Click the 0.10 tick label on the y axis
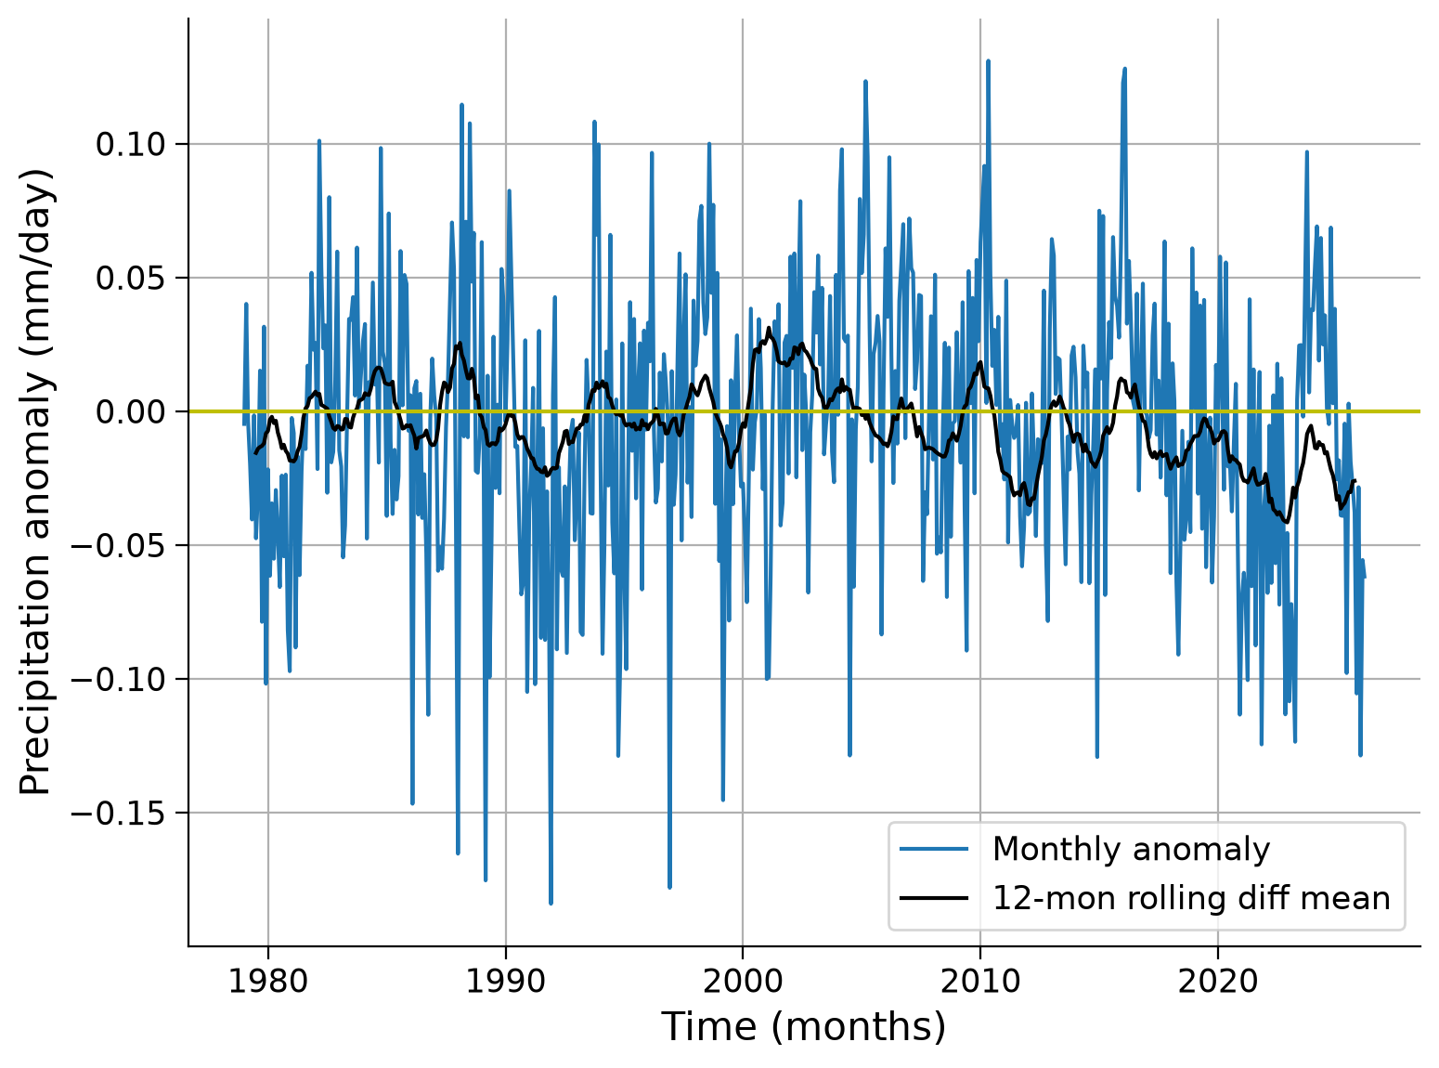131,144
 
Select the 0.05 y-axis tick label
131,278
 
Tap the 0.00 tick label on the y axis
131,411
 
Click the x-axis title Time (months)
803,1028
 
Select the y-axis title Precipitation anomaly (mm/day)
35,482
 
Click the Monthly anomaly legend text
1131,849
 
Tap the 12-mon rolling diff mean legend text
1191,899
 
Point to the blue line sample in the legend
934,849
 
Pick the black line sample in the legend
934,899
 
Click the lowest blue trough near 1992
551,903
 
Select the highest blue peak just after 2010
988,61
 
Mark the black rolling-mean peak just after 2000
769,329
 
